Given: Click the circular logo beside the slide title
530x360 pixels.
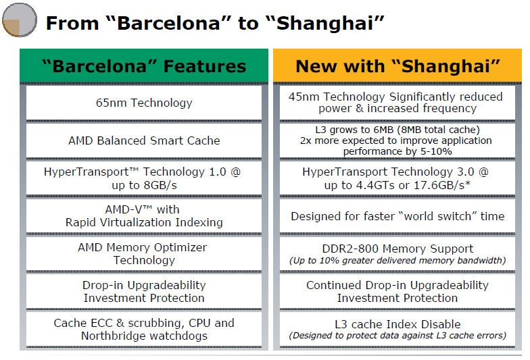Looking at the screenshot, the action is click(19, 20).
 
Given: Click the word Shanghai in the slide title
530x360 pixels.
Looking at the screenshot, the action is click(325, 23).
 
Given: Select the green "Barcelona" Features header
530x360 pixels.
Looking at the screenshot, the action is click(144, 66).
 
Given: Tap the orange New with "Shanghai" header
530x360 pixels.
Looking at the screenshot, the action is click(397, 66).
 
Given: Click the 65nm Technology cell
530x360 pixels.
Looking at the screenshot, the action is click(144, 103).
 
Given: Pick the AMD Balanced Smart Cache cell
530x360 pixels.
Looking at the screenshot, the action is click(144, 140).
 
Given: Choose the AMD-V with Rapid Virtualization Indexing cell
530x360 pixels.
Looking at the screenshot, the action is click(144, 216).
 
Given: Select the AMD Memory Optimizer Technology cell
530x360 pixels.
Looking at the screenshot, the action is click(144, 254).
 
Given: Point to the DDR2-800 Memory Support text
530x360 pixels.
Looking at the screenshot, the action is click(397, 249).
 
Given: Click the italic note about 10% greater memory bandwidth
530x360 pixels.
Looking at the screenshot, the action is click(397, 261).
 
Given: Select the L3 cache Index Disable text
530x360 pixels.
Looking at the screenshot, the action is click(397, 324).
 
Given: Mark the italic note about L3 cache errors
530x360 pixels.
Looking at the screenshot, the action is click(397, 335).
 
